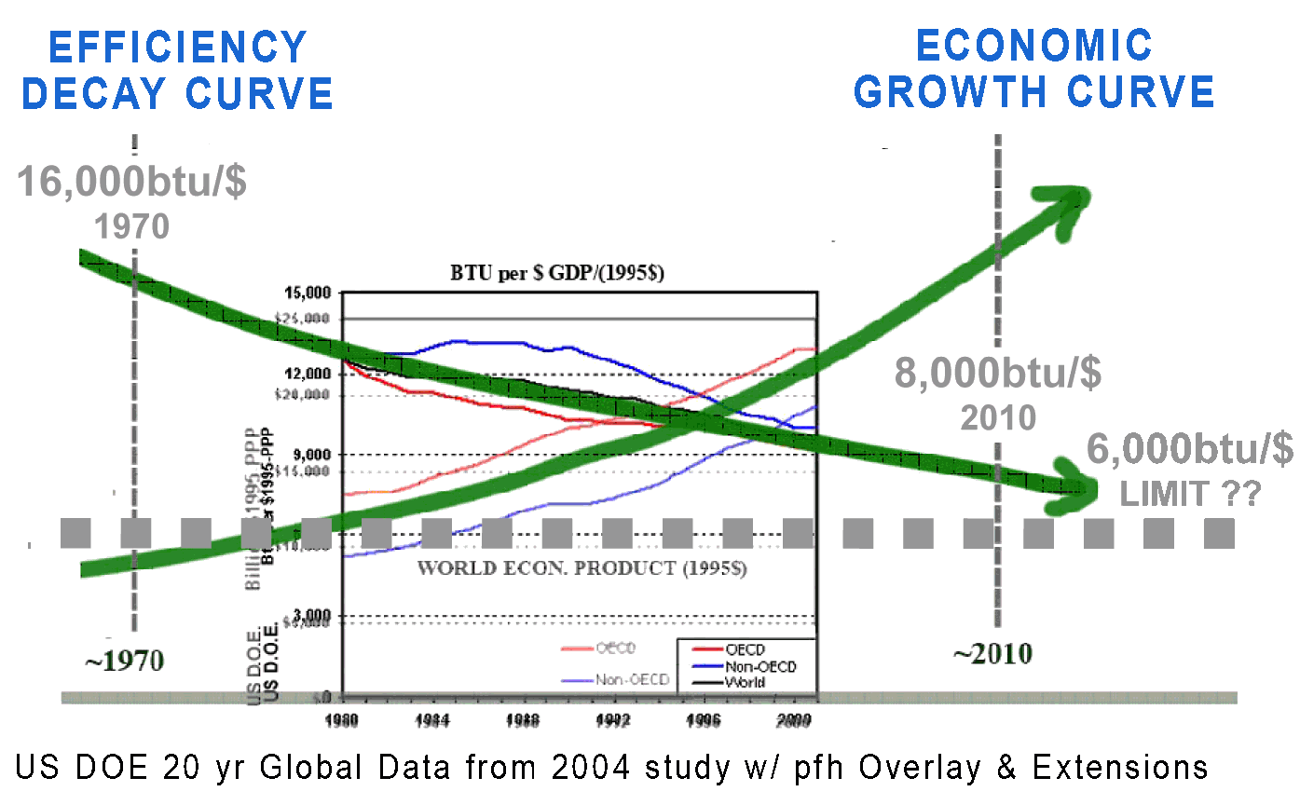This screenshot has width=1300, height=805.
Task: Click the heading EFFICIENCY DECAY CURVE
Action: pyautogui.click(x=177, y=70)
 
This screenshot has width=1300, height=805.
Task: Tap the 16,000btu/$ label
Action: pyautogui.click(x=131, y=182)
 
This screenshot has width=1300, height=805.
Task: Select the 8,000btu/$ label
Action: pyautogui.click(x=998, y=373)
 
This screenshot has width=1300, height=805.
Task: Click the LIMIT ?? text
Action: pyautogui.click(x=1190, y=493)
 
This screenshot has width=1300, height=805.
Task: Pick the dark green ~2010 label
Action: pyautogui.click(x=992, y=654)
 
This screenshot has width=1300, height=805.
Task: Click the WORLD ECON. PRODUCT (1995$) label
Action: pyautogui.click(x=582, y=567)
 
